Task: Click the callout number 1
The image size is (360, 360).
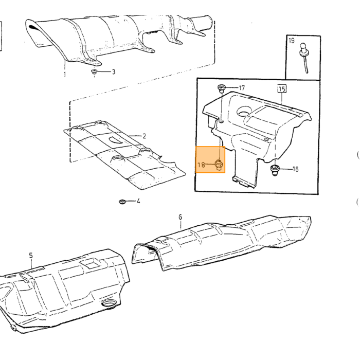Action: pyautogui.click(x=65, y=75)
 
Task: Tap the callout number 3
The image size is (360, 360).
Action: pyautogui.click(x=114, y=72)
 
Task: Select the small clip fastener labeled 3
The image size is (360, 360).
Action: pyautogui.click(x=94, y=71)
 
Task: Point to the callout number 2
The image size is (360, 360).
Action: pyautogui.click(x=144, y=136)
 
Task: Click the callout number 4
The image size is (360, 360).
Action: pyautogui.click(x=138, y=201)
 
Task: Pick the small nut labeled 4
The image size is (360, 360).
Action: pyautogui.click(x=122, y=202)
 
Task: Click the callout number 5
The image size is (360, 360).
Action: pyautogui.click(x=31, y=255)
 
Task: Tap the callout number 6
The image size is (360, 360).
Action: pyautogui.click(x=180, y=217)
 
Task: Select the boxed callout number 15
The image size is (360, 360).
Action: pyautogui.click(x=282, y=88)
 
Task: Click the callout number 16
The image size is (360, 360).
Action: pyautogui.click(x=295, y=169)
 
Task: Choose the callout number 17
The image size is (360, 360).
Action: pyautogui.click(x=242, y=88)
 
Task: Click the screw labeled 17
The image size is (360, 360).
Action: pyautogui.click(x=221, y=88)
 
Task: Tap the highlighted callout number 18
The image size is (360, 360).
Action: pyautogui.click(x=202, y=165)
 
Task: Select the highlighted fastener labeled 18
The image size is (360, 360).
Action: pyautogui.click(x=219, y=165)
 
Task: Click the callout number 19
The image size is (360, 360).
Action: pyautogui.click(x=292, y=41)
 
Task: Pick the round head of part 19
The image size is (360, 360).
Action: pyautogui.click(x=303, y=47)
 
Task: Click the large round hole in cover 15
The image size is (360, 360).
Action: pyautogui.click(x=245, y=111)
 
